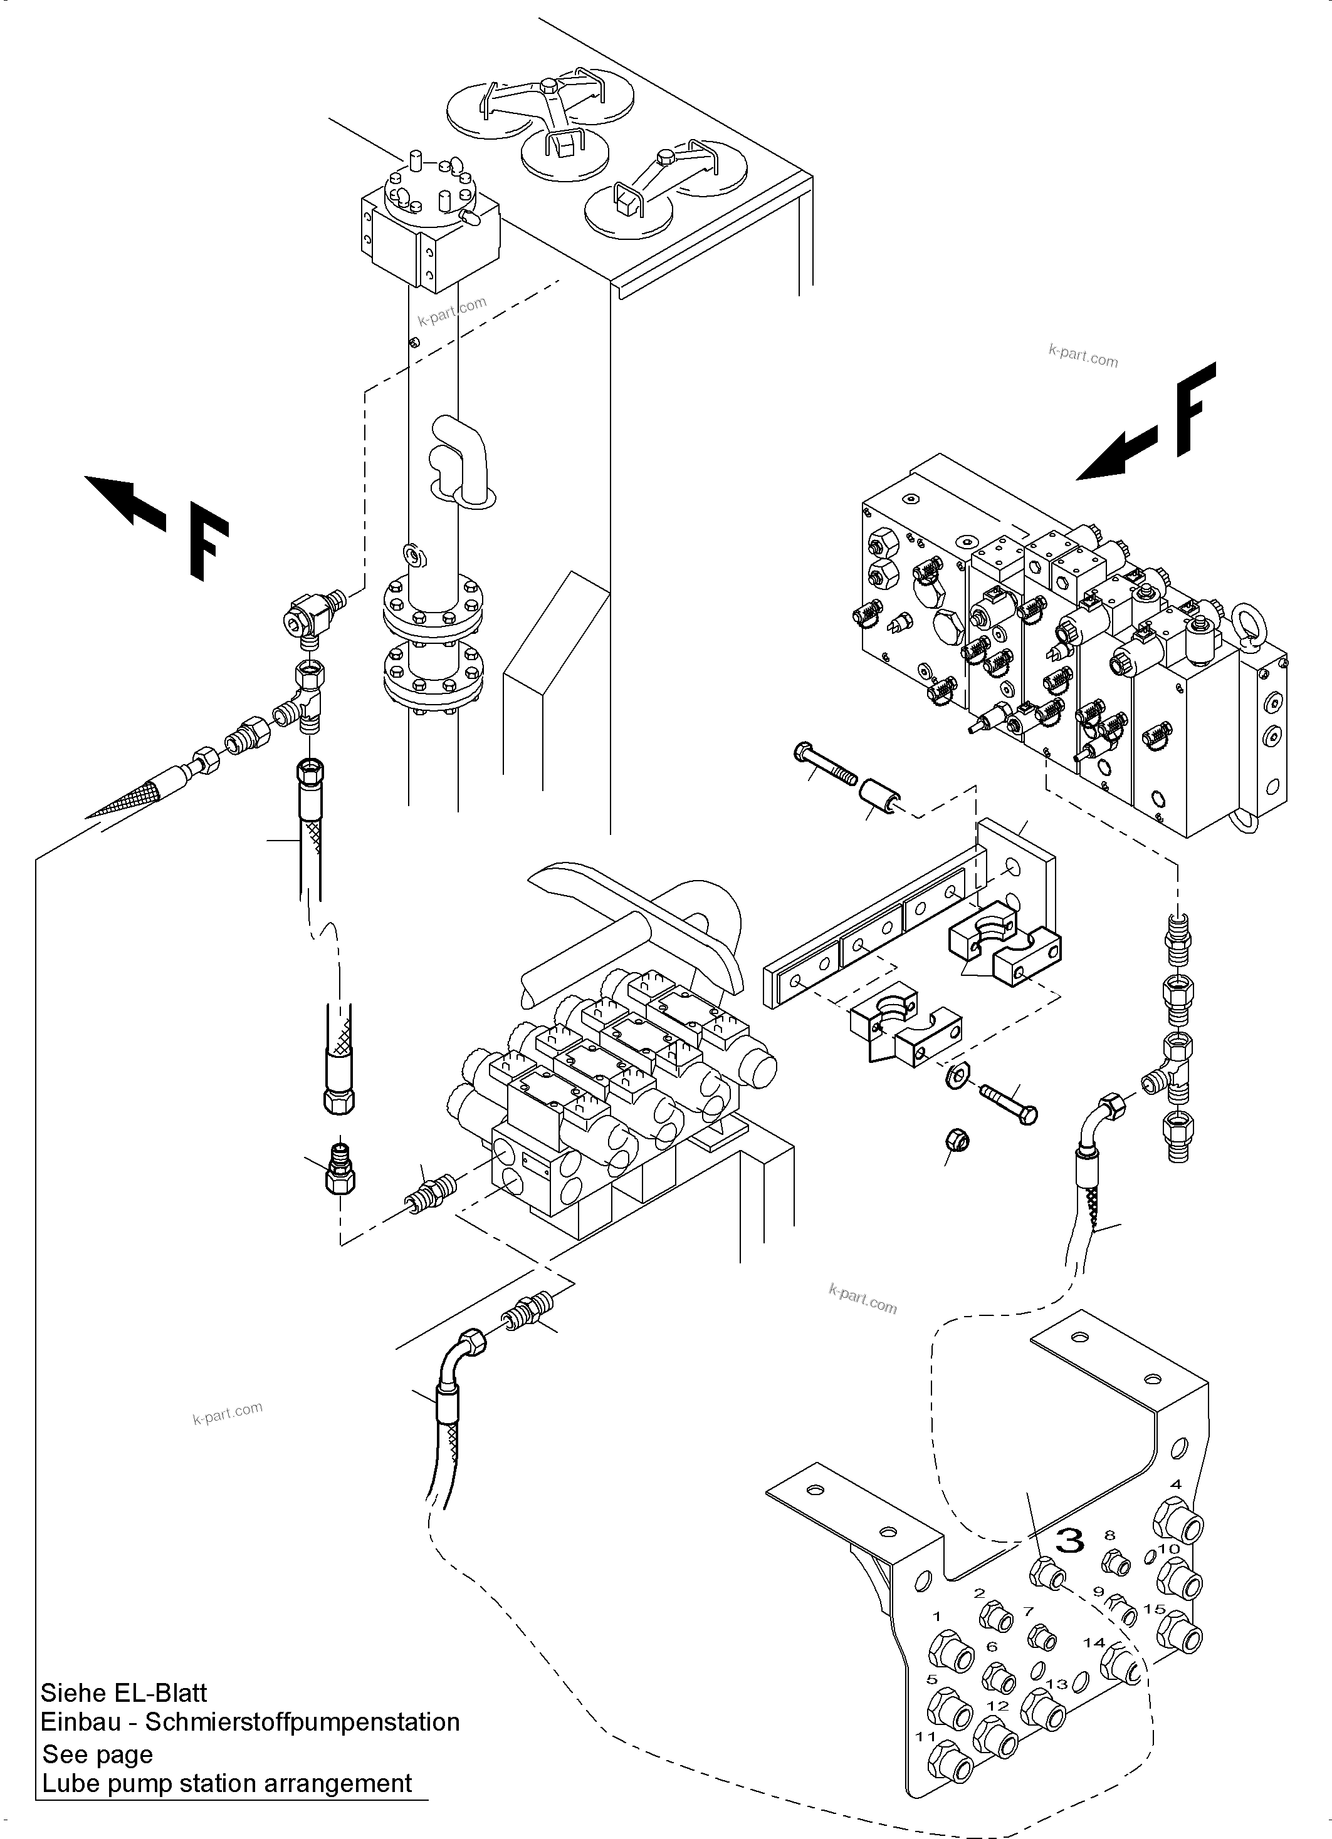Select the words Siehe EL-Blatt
coord(123,1693)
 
